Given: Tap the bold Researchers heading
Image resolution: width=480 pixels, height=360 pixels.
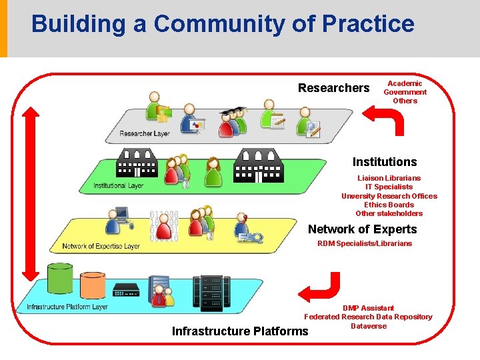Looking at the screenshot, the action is point(333,88).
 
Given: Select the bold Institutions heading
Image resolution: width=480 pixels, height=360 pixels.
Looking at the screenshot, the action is point(385,162).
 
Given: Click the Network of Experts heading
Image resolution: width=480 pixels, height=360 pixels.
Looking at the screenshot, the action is point(362,229).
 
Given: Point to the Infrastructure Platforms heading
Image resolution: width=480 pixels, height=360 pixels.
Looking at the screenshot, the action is point(240,331).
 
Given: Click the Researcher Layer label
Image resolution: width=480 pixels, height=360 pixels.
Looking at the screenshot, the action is point(145,134).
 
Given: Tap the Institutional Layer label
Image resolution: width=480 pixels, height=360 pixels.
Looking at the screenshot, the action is point(118,185).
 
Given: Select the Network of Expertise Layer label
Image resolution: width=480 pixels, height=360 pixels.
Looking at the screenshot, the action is point(101,246).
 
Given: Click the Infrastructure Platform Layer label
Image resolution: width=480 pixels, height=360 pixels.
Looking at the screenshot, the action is point(67,307).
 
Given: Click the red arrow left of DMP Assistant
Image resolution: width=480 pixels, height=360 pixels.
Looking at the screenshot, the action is point(319,287).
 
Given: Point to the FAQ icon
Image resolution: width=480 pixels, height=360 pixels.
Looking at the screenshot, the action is point(250,235).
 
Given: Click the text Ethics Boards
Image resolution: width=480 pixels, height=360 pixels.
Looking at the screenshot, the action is point(389,205).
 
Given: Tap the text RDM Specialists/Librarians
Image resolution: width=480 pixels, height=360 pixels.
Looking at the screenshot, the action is point(365,243).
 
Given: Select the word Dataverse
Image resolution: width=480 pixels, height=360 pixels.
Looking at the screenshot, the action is point(368,326).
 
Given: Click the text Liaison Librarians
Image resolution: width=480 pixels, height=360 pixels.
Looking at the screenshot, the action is point(389,178).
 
